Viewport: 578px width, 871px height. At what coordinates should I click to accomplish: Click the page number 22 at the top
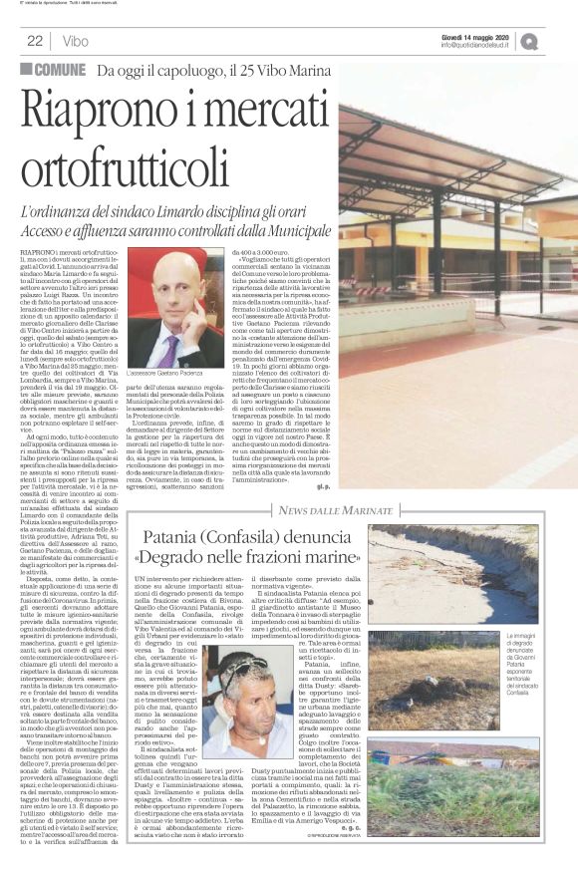coord(35,41)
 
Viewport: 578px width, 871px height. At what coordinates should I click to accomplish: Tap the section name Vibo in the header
coord(74,41)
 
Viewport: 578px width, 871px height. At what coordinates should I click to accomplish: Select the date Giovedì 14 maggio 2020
coord(475,36)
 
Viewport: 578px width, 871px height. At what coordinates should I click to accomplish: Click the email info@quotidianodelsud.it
coord(475,46)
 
